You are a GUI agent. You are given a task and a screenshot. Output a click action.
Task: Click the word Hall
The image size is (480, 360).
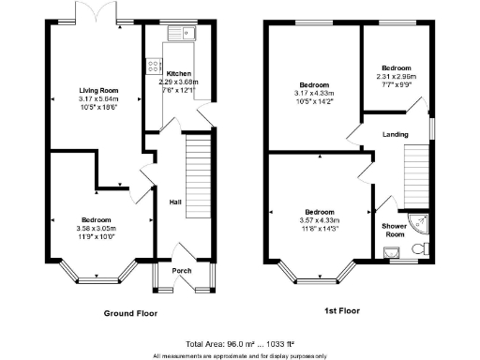[174, 202]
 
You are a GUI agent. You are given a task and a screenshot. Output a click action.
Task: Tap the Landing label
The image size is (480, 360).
[395, 134]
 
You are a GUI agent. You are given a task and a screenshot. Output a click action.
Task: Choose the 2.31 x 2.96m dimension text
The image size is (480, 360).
[396, 77]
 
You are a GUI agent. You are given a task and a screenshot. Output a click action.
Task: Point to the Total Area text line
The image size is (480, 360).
[240, 344]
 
